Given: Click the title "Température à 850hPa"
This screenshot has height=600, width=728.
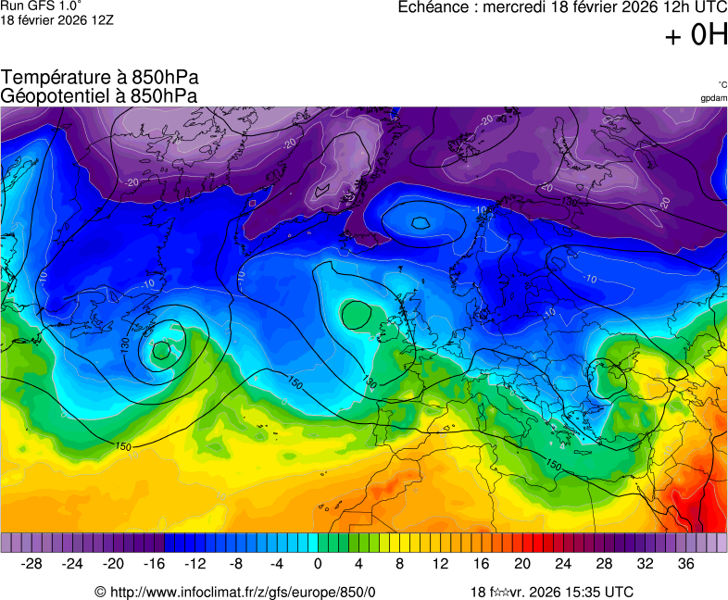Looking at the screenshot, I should coord(99,78).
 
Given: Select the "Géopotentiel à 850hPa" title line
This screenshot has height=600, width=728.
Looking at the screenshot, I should coord(99,94).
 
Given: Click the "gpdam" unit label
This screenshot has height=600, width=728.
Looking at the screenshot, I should coord(713,97).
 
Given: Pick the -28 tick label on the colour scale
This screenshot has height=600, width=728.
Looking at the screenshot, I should coord(32,564).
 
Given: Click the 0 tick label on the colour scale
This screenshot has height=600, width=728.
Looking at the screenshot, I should coord(318,564).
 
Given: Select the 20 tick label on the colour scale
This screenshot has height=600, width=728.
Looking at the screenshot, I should coord(521,564).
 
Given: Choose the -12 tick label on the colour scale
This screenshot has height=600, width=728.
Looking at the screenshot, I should coord(195,564).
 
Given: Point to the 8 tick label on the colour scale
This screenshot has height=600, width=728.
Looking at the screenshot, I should coord(399,564).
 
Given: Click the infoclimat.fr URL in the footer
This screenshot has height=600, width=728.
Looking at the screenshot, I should coord(235,592).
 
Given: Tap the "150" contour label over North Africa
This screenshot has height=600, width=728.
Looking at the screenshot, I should coord(553,464).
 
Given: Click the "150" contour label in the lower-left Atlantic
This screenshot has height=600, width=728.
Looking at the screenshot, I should coord(123,447).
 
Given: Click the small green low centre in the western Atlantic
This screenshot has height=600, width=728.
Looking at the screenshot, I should coord(162,350).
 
